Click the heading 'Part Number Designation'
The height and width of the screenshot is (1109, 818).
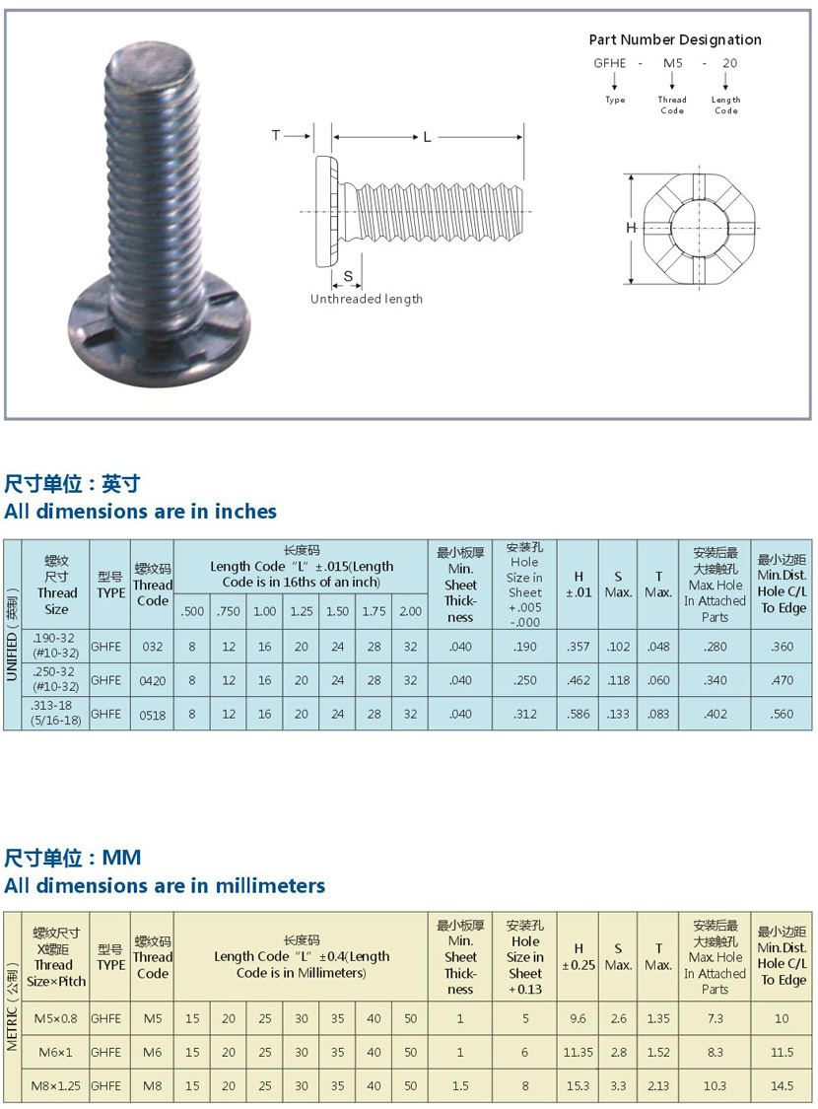pyautogui.click(x=675, y=39)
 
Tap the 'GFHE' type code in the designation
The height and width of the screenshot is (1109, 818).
pyautogui.click(x=609, y=63)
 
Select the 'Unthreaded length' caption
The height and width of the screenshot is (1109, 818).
pyautogui.click(x=367, y=299)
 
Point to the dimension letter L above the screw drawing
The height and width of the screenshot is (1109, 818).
pyautogui.click(x=427, y=137)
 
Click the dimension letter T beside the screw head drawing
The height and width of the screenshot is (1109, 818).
pyautogui.click(x=276, y=135)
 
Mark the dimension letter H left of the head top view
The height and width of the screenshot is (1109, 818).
pyautogui.click(x=631, y=228)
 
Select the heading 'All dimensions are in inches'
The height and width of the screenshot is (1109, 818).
pyautogui.click(x=140, y=511)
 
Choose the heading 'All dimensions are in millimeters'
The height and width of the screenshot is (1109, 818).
pyautogui.click(x=164, y=885)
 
